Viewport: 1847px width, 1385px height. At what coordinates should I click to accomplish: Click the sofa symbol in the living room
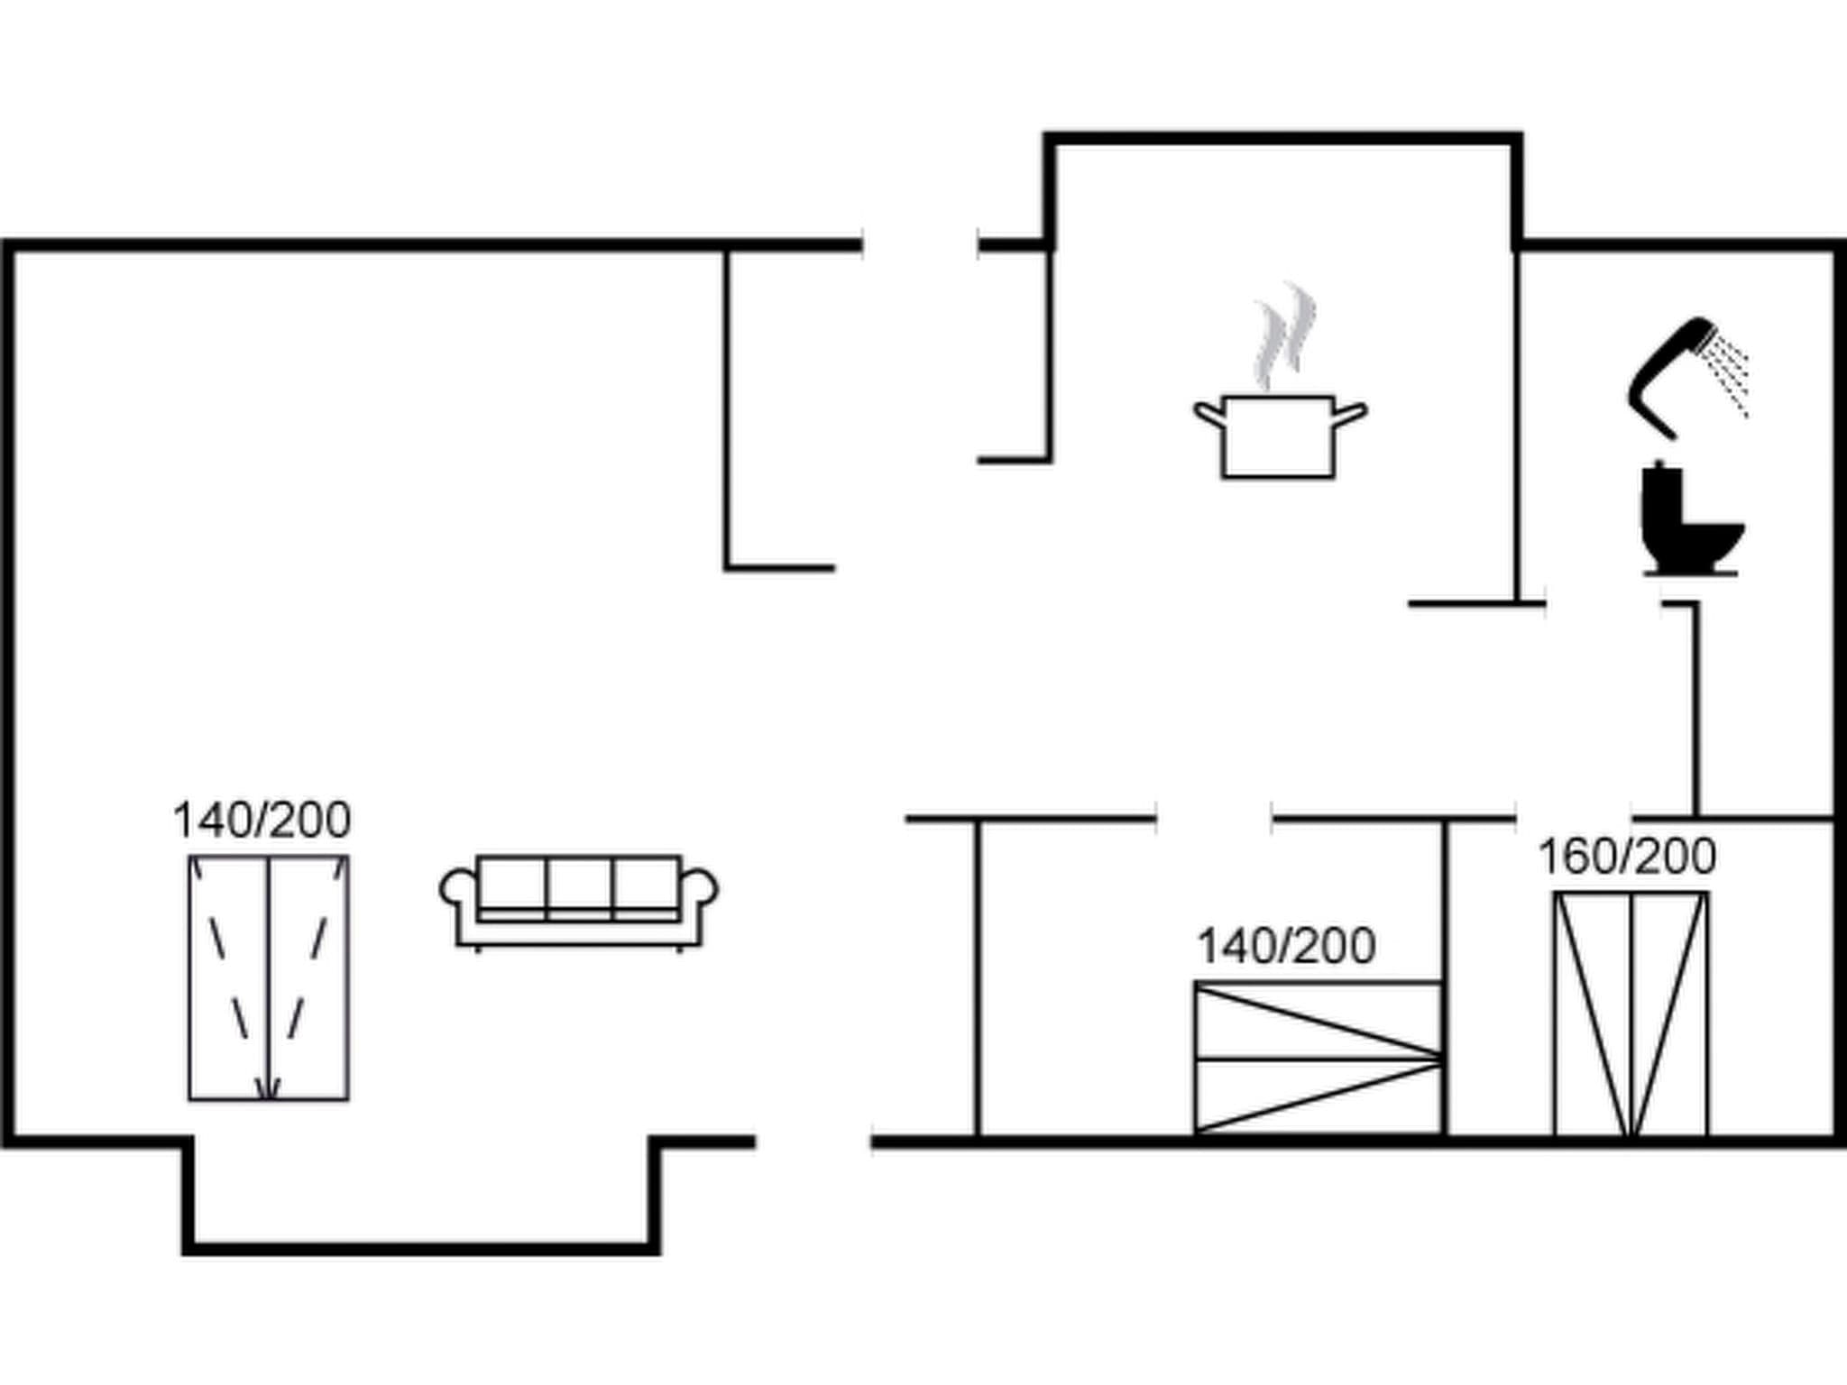click(579, 901)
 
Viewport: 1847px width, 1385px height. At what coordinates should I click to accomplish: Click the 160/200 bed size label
click(1627, 858)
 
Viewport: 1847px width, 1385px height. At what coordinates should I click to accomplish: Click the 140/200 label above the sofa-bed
click(262, 821)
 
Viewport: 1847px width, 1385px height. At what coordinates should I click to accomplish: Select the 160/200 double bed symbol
click(1631, 1014)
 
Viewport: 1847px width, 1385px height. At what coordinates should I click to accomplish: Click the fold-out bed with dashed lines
click(269, 977)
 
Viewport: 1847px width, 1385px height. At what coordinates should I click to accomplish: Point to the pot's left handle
click(1208, 414)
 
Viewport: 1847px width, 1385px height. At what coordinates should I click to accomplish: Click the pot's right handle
click(1350, 414)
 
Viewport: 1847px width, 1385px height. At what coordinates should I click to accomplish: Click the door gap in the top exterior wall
click(921, 244)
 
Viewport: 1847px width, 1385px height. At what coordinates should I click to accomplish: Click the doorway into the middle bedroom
click(1214, 819)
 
